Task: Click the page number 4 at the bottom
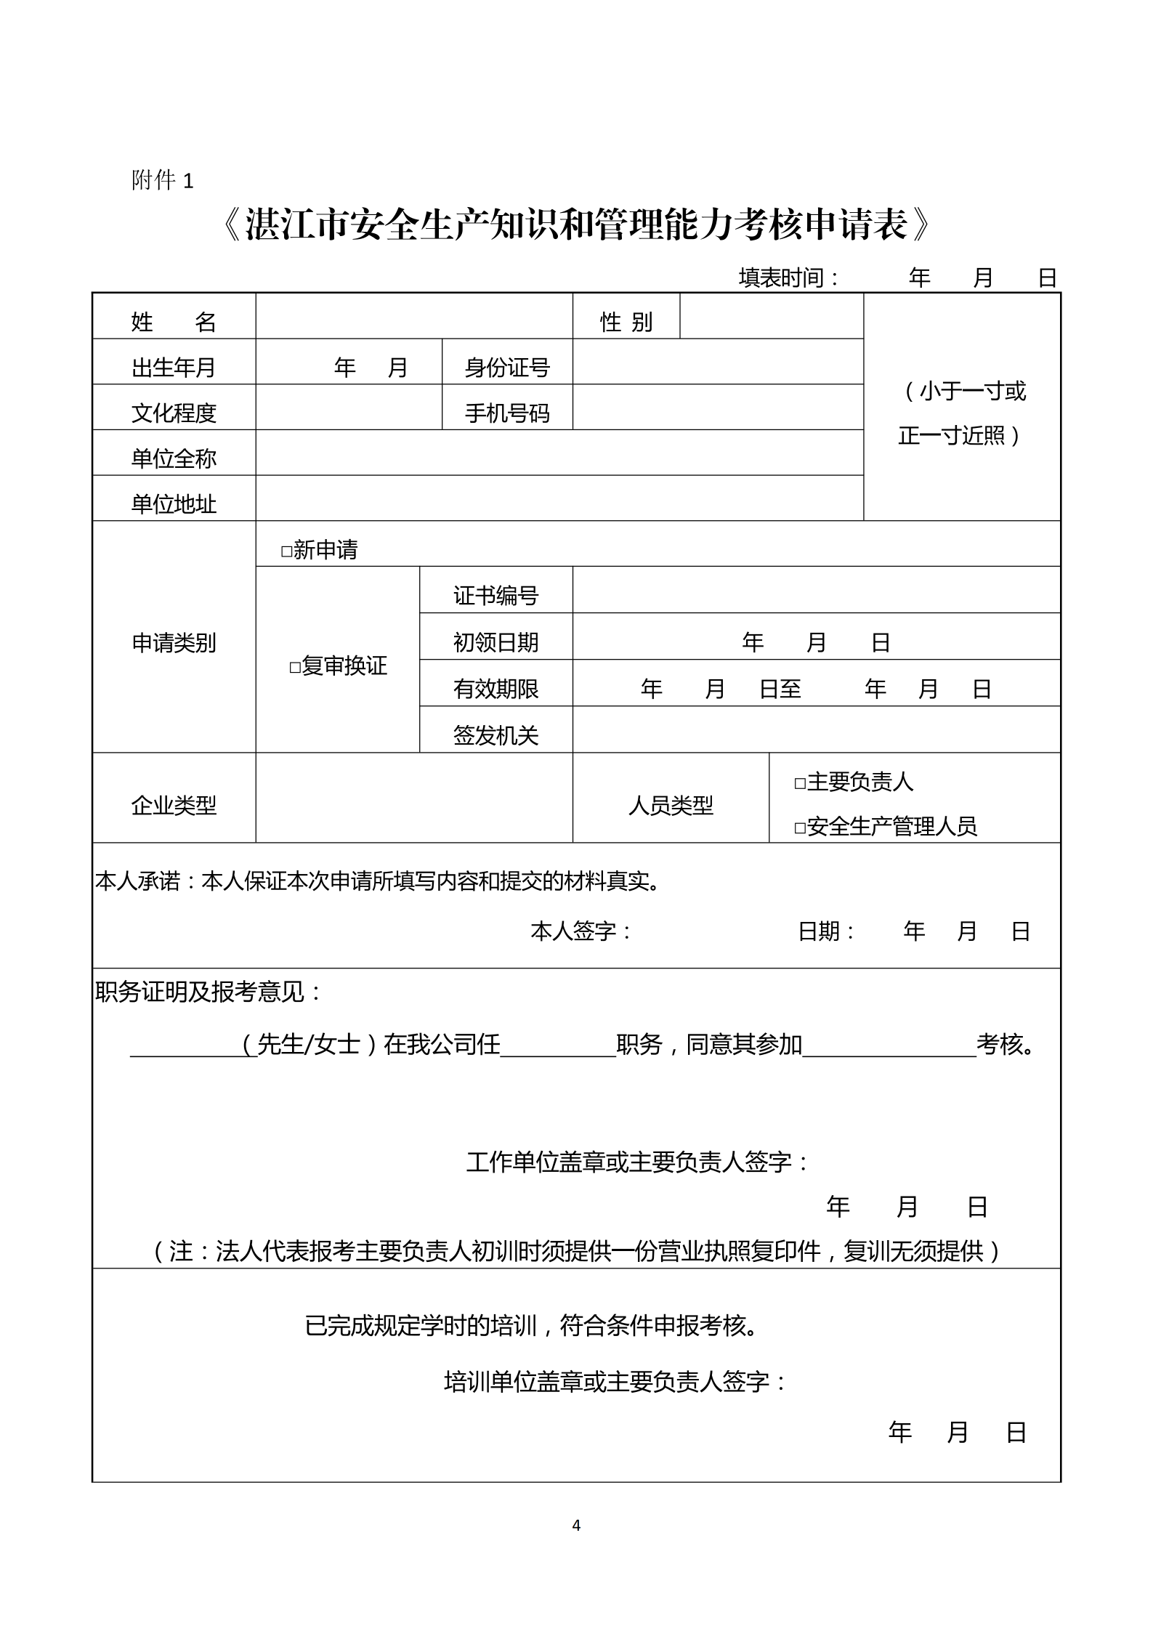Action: point(576,1525)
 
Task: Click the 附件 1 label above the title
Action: point(163,180)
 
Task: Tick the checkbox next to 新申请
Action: point(286,551)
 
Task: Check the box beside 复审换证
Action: point(295,667)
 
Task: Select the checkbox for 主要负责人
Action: point(800,783)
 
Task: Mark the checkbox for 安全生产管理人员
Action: point(800,827)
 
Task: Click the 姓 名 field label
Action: point(174,321)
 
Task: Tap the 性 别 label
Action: point(626,321)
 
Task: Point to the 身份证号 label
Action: point(507,368)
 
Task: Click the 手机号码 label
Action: point(507,413)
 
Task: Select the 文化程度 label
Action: point(174,413)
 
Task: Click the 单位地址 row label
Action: point(174,503)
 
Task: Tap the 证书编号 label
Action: point(495,596)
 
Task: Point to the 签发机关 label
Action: point(495,735)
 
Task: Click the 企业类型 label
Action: point(174,804)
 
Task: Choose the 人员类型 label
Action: point(671,804)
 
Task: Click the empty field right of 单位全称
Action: point(559,453)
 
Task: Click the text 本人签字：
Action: point(581,931)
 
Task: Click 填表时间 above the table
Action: point(789,278)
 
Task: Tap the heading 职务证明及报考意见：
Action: point(209,992)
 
